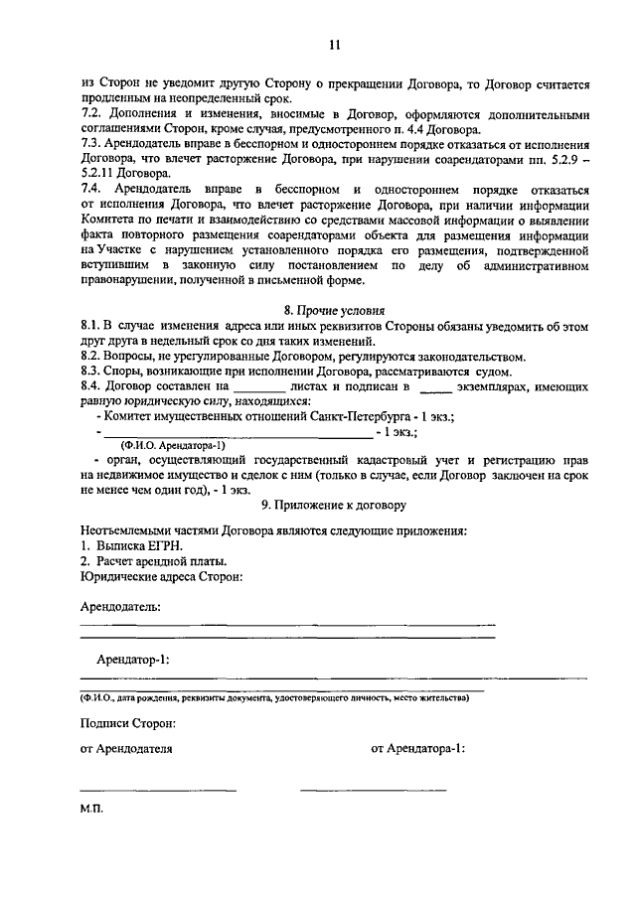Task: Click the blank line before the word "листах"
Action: [x=256, y=389]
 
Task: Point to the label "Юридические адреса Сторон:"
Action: [x=160, y=576]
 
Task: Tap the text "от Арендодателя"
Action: [x=126, y=749]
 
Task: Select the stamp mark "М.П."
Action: [x=91, y=810]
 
